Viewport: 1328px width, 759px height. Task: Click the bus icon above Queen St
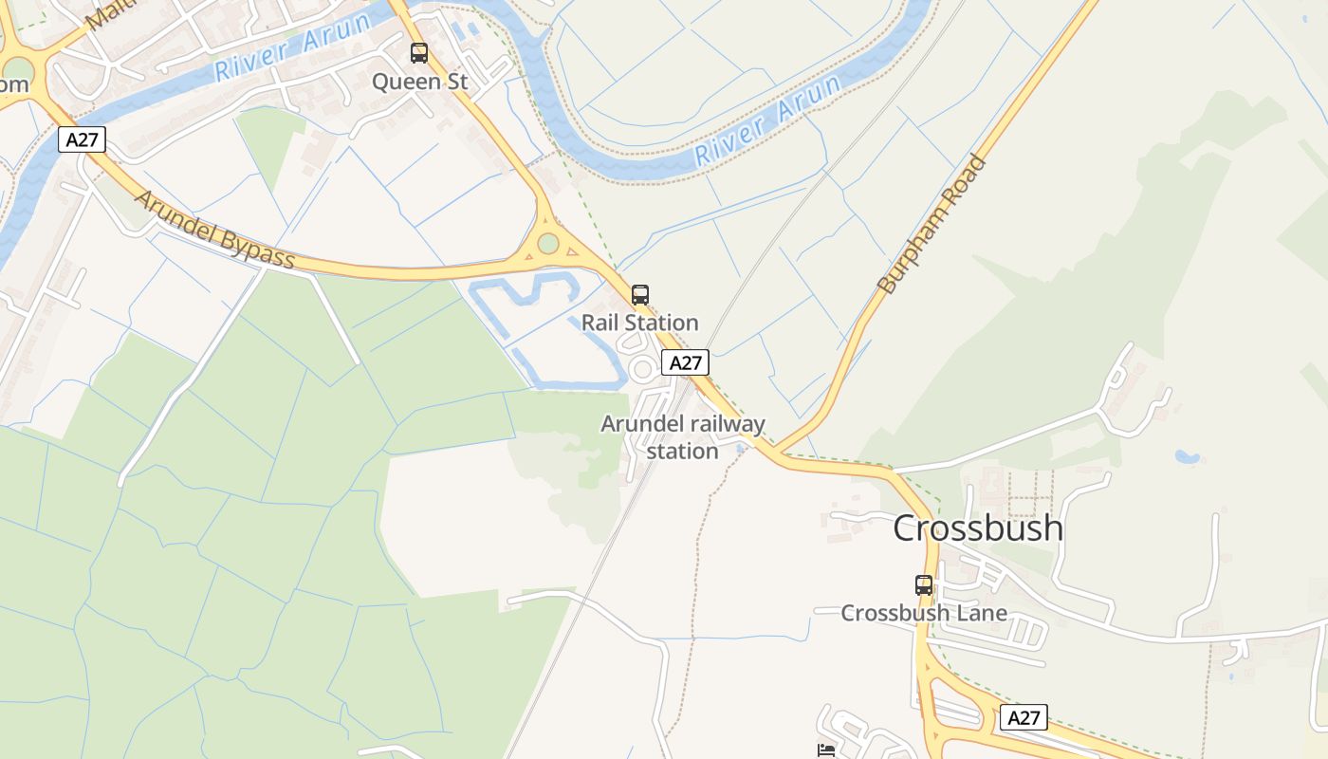418,53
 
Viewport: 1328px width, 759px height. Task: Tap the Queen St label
419,82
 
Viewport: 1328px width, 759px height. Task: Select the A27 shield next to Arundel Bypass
82,140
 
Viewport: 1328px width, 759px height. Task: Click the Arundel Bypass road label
215,230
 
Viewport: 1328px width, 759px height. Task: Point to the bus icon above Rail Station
640,295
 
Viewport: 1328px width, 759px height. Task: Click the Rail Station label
639,323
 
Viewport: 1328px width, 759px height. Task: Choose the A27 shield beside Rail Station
685,362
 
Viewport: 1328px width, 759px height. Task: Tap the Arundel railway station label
683,437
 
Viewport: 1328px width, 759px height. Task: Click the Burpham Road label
931,224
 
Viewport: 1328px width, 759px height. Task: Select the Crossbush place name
978,528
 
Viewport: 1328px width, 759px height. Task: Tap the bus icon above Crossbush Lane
923,585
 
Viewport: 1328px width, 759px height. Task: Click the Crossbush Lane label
924,613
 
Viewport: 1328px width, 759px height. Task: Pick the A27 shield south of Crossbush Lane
1024,718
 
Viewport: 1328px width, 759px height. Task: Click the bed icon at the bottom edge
826,750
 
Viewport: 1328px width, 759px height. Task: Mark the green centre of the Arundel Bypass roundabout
548,244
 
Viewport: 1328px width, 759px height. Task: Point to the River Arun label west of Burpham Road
768,121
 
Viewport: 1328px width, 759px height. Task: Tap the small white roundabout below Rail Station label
644,369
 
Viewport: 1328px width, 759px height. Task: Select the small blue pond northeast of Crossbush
1187,456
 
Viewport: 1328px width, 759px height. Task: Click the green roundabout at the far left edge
17,69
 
